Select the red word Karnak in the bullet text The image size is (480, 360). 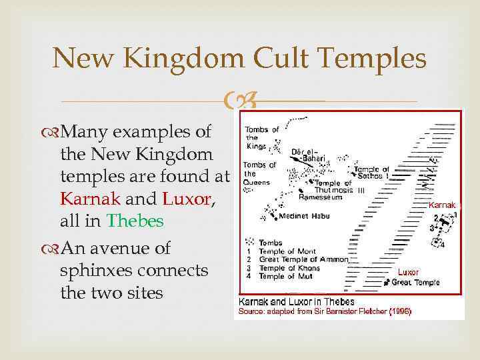[x=90, y=199]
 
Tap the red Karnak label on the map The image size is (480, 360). [x=441, y=205]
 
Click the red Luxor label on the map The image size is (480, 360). [x=409, y=273]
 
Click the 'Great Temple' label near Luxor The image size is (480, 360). [x=416, y=283]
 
